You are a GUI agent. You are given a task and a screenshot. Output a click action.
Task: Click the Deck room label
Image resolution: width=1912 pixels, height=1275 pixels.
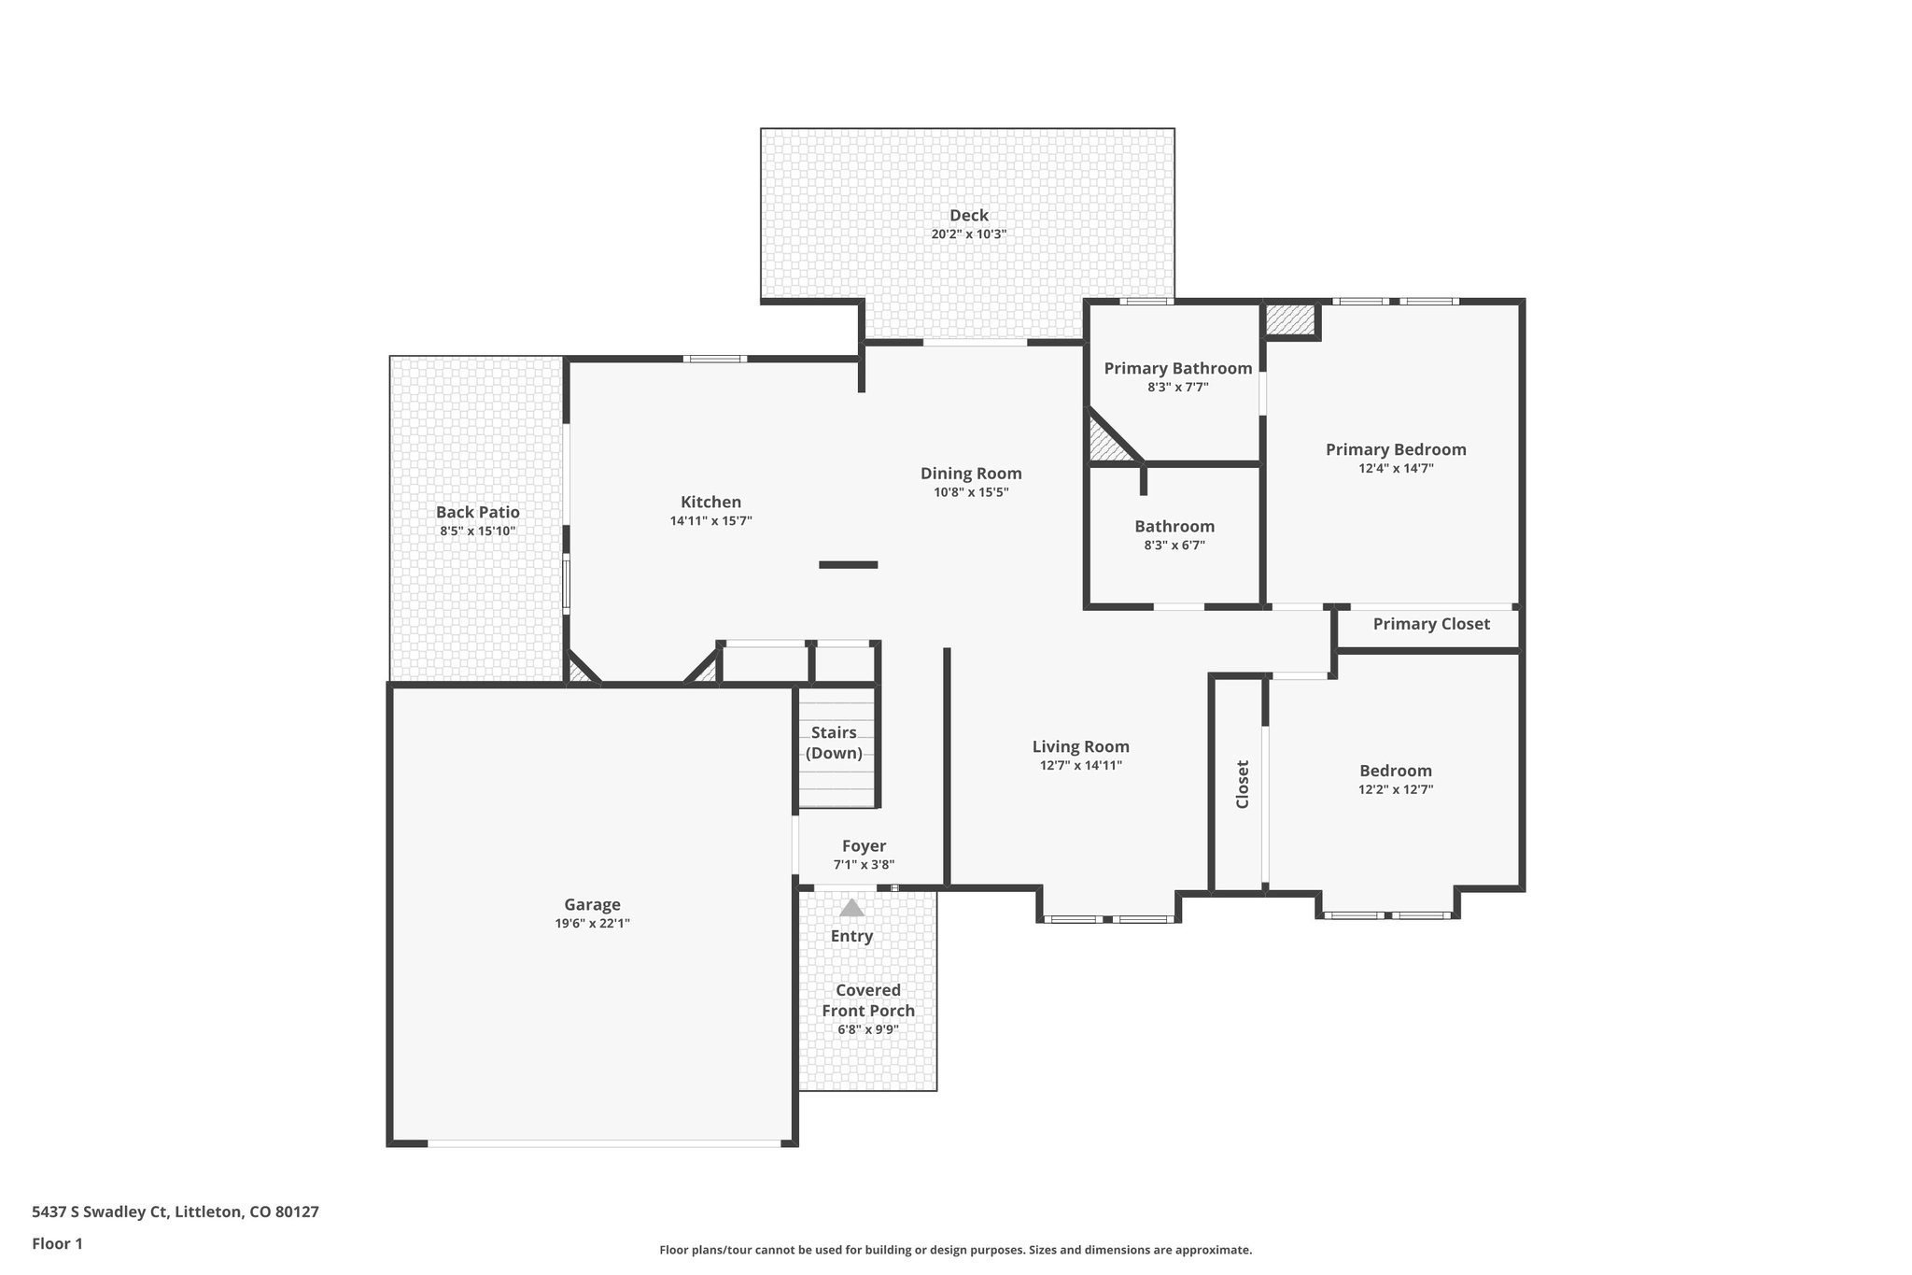coord(968,216)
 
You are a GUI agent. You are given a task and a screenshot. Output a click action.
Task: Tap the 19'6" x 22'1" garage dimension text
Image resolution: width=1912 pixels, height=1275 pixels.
coord(592,923)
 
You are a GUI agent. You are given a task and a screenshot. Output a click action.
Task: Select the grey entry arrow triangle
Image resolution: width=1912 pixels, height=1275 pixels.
coord(851,908)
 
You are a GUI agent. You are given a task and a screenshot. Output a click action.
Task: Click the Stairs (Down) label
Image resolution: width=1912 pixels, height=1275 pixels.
coord(834,743)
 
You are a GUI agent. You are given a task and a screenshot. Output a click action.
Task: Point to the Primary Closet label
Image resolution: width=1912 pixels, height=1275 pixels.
coord(1430,624)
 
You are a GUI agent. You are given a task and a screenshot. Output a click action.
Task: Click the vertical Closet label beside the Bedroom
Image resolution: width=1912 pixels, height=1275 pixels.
coord(1243,784)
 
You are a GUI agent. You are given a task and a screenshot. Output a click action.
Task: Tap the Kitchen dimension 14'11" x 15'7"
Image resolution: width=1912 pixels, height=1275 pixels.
coord(710,521)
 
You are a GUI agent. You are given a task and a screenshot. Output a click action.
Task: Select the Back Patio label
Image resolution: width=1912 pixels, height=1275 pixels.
coord(477,512)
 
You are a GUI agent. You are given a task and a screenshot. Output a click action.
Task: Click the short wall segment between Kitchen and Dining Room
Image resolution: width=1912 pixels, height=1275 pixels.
coord(848,564)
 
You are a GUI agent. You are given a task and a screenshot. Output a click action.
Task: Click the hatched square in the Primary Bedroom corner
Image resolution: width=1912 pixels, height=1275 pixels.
coord(1289,319)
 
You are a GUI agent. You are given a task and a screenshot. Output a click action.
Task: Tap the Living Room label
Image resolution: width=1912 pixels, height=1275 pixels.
coord(1080,746)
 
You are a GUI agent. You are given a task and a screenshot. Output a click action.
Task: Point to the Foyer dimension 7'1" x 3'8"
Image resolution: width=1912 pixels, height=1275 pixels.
coord(864,865)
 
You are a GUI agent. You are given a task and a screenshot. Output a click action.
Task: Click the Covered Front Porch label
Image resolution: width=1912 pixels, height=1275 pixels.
coord(867,1000)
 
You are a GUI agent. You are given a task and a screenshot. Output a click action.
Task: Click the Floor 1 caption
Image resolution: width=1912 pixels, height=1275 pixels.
coord(58,1244)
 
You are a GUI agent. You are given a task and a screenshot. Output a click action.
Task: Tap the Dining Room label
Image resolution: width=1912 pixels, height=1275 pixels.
coord(971,474)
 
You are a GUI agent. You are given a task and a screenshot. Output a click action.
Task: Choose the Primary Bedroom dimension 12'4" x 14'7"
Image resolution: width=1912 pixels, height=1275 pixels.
coord(1396,469)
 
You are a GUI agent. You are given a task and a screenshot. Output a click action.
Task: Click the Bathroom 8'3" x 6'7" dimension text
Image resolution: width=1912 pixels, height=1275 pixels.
coord(1174,545)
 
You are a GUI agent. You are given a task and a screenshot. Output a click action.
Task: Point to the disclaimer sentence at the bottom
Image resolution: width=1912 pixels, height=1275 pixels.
coord(955,1250)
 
